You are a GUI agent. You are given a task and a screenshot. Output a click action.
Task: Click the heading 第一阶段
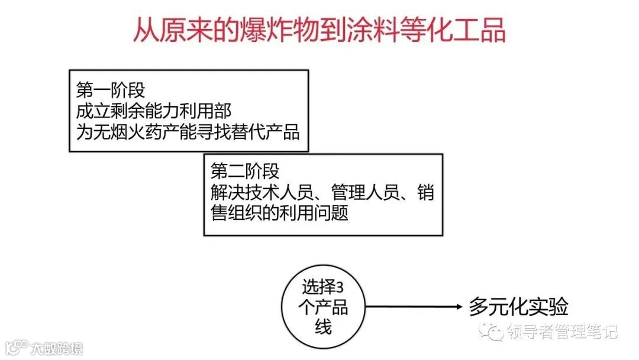click(x=111, y=91)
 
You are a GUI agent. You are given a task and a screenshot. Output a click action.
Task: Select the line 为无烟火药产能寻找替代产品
click(x=188, y=131)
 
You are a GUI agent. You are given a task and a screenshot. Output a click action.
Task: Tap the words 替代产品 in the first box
click(x=266, y=131)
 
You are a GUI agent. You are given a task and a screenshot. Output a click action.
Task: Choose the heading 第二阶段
click(x=245, y=171)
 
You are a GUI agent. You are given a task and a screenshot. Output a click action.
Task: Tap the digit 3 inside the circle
click(x=340, y=288)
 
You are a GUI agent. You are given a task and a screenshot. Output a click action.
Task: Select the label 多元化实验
click(x=518, y=306)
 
